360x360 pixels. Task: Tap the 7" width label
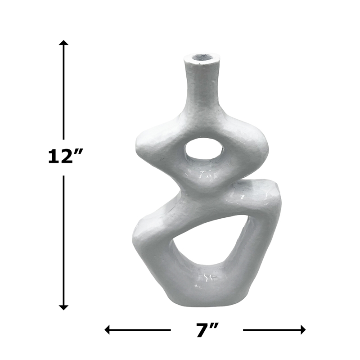coord(207,331)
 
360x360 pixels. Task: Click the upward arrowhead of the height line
coord(64,43)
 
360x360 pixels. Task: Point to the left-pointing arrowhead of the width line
coord(108,330)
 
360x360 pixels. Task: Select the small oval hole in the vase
coord(204,152)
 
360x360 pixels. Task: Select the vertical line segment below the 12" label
coord(64,238)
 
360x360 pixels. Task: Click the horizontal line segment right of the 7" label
coord(270,330)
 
